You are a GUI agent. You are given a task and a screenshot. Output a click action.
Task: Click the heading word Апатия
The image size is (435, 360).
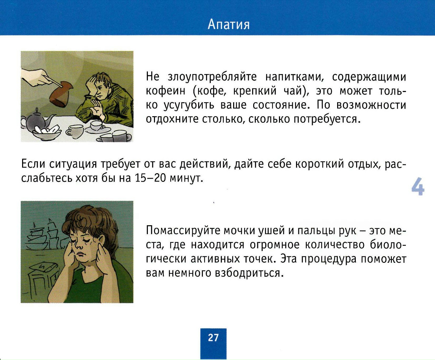click(228, 24)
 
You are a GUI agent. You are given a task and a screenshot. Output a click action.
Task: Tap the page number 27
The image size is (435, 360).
click(213, 338)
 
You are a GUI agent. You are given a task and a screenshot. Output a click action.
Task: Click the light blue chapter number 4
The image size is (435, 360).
click(418, 186)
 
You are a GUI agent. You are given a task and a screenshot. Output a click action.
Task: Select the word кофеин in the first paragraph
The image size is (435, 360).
click(166, 91)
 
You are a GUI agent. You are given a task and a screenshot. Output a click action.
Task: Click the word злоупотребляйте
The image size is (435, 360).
click(212, 77)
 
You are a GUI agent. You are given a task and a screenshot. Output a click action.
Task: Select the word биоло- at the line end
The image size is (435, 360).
click(388, 245)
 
